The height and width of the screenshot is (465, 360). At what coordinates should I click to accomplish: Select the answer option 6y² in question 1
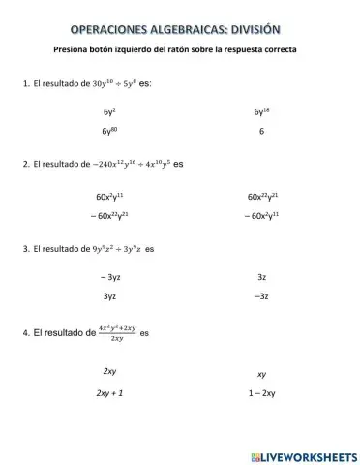click(x=109, y=112)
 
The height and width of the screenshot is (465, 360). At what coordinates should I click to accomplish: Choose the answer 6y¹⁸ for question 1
click(x=261, y=112)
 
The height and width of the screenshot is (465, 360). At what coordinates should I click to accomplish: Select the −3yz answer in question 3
click(x=109, y=278)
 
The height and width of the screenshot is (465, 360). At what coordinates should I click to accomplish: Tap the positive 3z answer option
click(x=261, y=278)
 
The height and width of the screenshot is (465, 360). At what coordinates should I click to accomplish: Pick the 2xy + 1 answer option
click(x=109, y=394)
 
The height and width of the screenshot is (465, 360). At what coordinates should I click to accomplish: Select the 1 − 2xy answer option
click(x=261, y=394)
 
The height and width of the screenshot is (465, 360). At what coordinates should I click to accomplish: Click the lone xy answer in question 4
click(x=261, y=374)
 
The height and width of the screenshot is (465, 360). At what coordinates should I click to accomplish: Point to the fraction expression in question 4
click(x=117, y=333)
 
